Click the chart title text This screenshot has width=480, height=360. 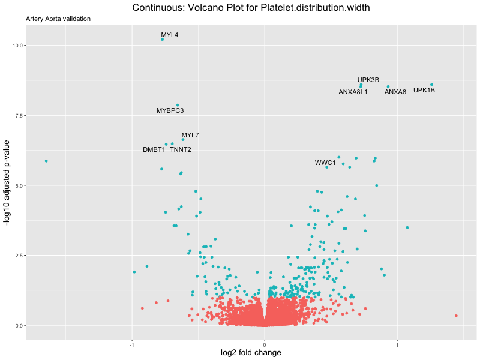[x=251, y=8]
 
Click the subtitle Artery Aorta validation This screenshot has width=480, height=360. [x=58, y=19]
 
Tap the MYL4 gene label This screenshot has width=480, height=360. [x=169, y=35]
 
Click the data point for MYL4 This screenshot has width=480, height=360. [x=163, y=40]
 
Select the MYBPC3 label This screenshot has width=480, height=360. [x=170, y=110]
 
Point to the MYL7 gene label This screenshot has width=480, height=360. [x=190, y=135]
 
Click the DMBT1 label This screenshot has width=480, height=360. [x=154, y=149]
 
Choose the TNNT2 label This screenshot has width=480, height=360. [x=181, y=149]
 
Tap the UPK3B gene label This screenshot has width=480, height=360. [x=368, y=80]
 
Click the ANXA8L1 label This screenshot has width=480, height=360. [x=353, y=92]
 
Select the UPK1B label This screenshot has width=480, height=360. [x=424, y=91]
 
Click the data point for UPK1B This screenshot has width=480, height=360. [x=431, y=85]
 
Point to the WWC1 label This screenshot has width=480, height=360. [x=325, y=163]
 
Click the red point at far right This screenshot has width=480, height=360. [x=456, y=316]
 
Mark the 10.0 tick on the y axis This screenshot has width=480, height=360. [x=17, y=46]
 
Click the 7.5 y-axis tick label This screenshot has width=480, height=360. [x=18, y=115]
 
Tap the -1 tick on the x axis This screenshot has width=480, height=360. [x=131, y=345]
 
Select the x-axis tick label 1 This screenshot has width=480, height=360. [x=397, y=345]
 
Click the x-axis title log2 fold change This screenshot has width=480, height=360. [x=252, y=353]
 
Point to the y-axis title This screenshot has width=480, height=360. [x=7, y=182]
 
